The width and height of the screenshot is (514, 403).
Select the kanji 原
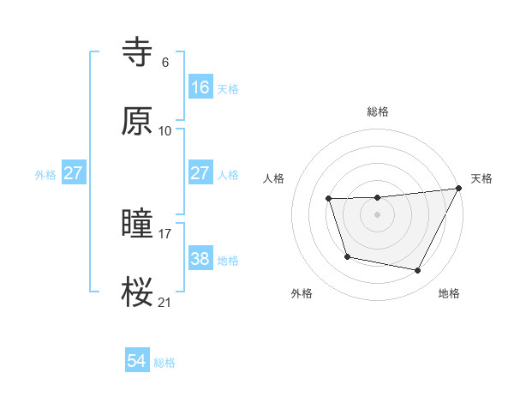(x=137, y=123)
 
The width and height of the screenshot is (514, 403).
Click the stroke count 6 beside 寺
(x=164, y=62)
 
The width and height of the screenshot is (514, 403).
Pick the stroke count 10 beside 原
(x=165, y=130)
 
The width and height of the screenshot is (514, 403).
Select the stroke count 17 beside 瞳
(x=165, y=232)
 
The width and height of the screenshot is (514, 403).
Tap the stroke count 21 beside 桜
(x=165, y=301)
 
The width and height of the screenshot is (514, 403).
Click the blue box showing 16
(x=200, y=87)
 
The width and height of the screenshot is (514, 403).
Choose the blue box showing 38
(x=200, y=259)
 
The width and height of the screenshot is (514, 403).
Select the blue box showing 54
(x=137, y=362)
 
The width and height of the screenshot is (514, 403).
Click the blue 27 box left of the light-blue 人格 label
(x=200, y=173)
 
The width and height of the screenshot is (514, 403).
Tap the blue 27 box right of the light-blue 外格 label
(x=74, y=173)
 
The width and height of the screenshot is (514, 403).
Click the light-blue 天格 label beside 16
(x=228, y=88)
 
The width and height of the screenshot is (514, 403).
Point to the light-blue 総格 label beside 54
(x=164, y=363)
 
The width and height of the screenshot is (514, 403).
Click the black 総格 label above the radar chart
(x=377, y=111)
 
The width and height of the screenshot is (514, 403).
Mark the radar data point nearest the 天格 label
(x=459, y=189)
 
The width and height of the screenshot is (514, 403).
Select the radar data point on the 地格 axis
(x=418, y=271)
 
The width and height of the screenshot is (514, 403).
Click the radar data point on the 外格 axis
(x=347, y=256)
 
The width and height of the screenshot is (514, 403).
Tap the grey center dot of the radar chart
(x=377, y=214)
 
